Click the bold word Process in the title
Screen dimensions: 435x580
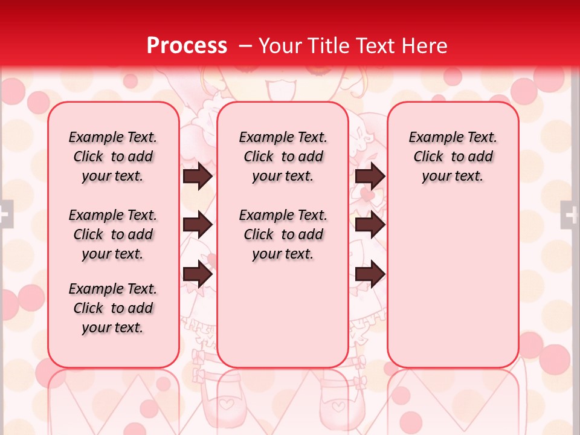187,46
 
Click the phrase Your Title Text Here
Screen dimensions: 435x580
353,46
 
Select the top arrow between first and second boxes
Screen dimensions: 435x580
198,176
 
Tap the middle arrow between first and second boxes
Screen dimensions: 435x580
198,225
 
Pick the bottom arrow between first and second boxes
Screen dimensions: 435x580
198,274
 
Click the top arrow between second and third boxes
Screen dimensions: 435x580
370,176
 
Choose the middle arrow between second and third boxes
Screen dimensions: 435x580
370,225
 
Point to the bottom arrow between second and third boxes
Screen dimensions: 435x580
370,274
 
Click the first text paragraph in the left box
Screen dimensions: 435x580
113,156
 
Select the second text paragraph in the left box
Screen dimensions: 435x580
113,234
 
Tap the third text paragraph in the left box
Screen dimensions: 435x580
113,308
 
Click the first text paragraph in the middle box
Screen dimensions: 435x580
283,156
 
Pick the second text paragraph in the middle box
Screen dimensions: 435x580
283,234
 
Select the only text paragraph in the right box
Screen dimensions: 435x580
453,156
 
